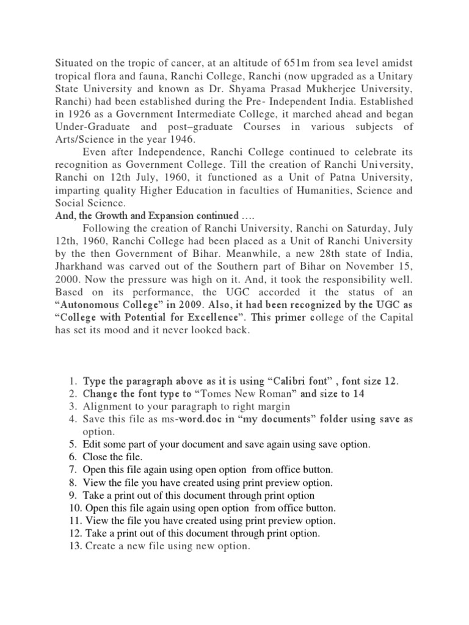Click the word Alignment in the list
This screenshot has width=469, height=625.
tap(107, 406)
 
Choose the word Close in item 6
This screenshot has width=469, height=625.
tap(95, 457)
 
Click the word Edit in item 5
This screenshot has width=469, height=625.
tap(92, 444)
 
